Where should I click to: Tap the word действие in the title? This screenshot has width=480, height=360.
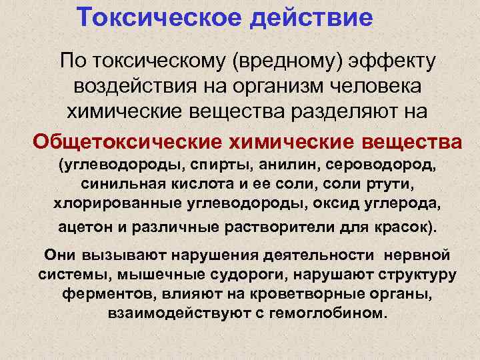(311, 17)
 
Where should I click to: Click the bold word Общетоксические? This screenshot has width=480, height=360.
(128, 141)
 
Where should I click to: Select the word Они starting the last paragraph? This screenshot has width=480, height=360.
(61, 255)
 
